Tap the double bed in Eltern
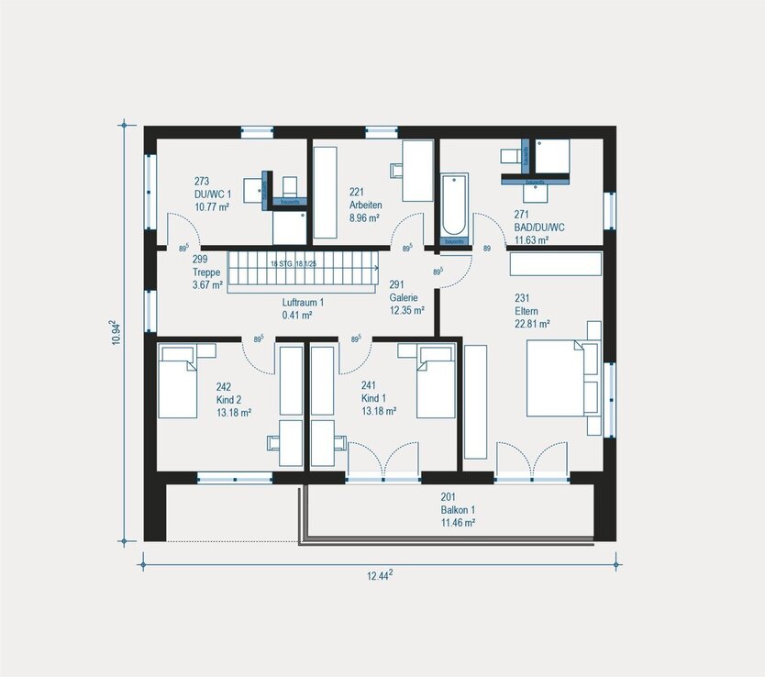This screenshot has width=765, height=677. (x=561, y=376)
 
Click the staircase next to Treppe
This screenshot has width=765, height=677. (x=303, y=272)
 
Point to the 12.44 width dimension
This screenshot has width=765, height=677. (x=378, y=575)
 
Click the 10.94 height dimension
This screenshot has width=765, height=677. (x=114, y=333)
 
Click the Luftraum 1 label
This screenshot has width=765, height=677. (x=303, y=302)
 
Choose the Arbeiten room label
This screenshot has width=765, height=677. (x=365, y=205)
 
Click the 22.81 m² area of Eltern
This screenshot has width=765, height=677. (x=532, y=323)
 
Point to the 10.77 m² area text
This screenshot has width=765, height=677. (x=211, y=208)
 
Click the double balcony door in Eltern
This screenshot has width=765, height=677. (x=531, y=461)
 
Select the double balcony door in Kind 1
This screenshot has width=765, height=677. (x=384, y=461)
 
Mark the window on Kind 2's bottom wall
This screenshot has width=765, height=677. (x=235, y=478)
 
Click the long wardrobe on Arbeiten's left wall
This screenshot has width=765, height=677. (x=326, y=192)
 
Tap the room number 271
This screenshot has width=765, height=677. (x=522, y=216)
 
